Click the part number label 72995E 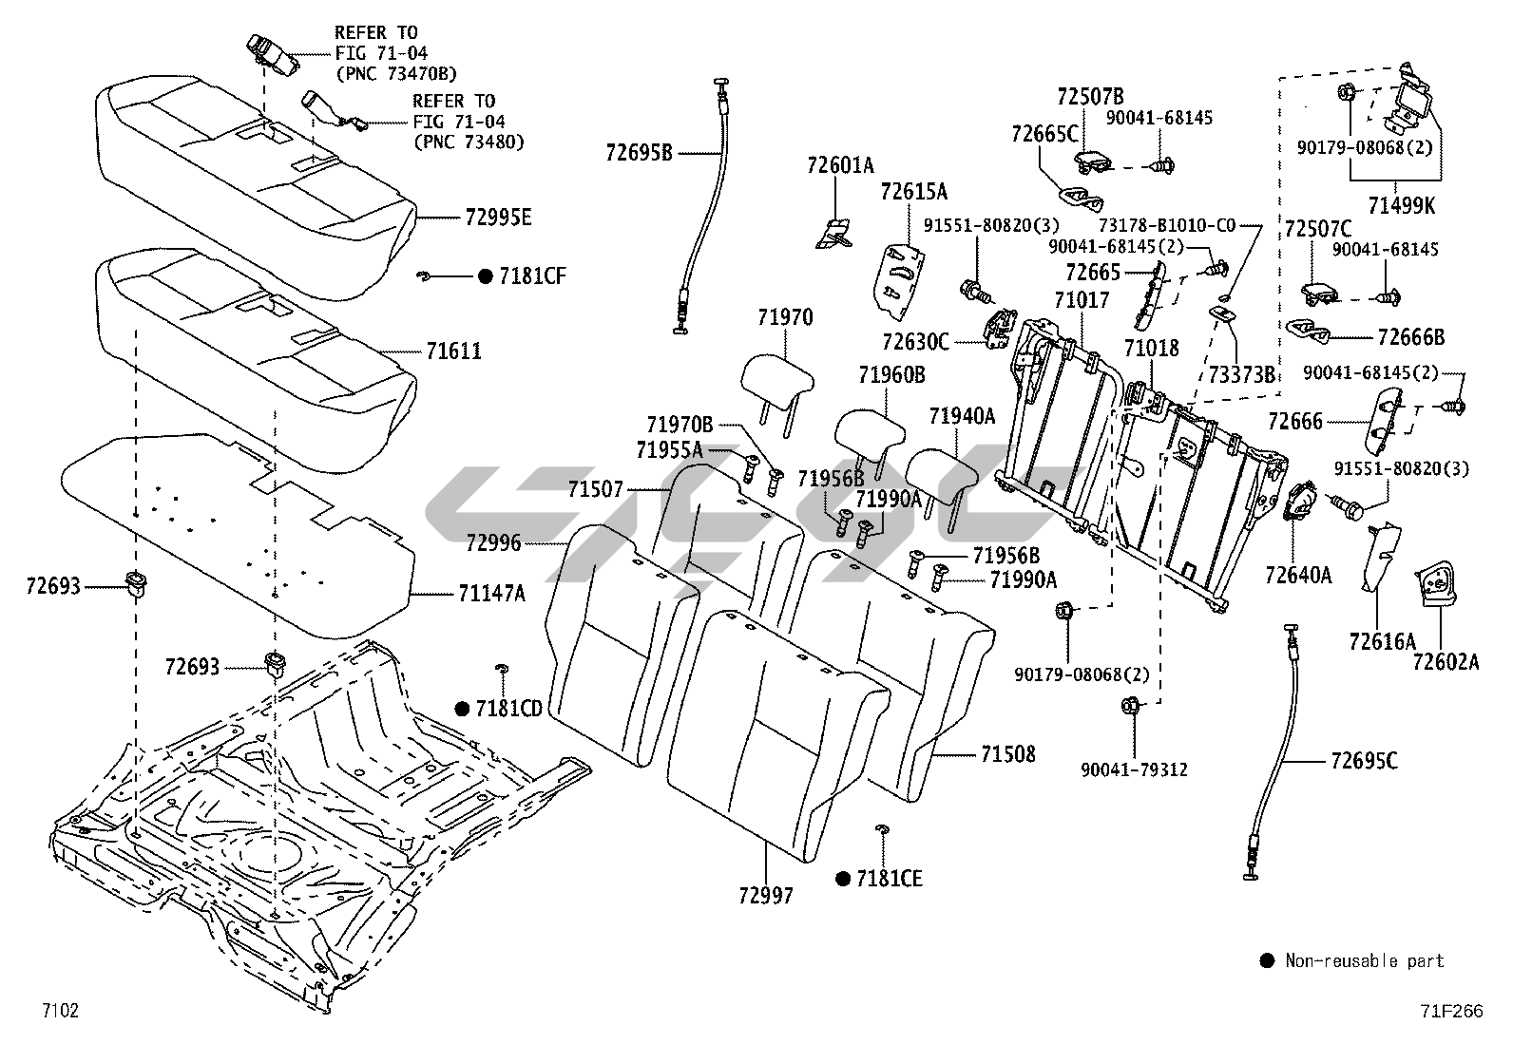point(498,218)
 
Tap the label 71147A point(491,594)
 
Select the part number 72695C point(1364,761)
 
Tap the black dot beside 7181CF point(485,276)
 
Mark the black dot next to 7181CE point(842,879)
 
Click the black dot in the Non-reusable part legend point(1266,961)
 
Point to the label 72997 point(764,895)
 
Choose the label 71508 point(1007,754)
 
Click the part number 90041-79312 point(1134,769)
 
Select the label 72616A point(1382,641)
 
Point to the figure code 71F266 point(1451,1012)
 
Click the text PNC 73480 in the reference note point(469,142)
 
